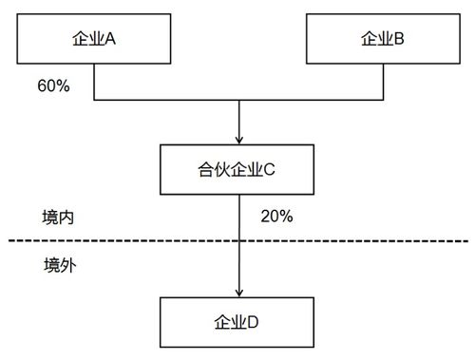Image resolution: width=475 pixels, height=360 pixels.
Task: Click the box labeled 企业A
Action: (x=93, y=39)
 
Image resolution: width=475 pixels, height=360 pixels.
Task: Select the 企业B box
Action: (x=383, y=39)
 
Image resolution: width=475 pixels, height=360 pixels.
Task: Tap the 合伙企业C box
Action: (x=238, y=170)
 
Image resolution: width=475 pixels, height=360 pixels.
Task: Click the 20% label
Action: (x=275, y=216)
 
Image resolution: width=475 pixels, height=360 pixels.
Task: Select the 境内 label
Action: (x=59, y=217)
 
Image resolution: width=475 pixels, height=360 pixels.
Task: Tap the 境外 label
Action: (x=59, y=265)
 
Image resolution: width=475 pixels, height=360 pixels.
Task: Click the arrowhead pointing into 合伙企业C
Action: (x=238, y=138)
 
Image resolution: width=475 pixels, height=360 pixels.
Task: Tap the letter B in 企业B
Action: (x=400, y=39)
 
